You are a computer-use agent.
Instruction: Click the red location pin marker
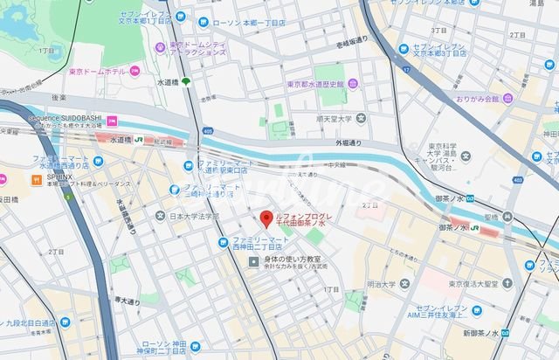[266, 218]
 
